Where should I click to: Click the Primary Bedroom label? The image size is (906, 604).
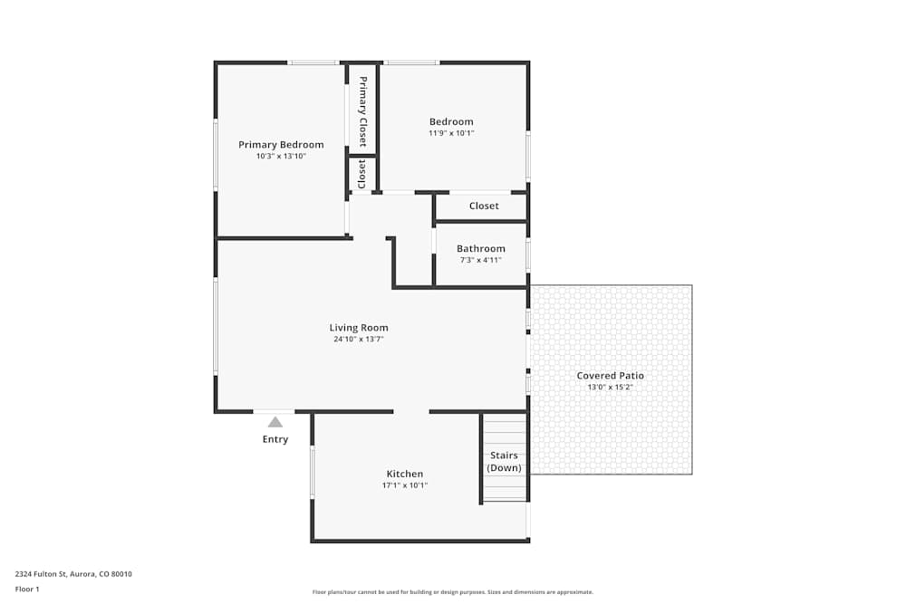(x=281, y=145)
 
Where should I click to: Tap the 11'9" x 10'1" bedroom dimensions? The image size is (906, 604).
(x=451, y=133)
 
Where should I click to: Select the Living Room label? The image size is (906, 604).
(x=359, y=328)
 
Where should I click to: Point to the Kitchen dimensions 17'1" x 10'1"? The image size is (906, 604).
(x=404, y=485)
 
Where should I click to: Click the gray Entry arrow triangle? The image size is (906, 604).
(x=275, y=422)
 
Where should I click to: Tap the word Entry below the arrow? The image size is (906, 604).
(x=275, y=440)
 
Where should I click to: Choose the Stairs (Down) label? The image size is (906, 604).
(x=504, y=462)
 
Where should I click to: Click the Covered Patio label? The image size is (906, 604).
(x=611, y=376)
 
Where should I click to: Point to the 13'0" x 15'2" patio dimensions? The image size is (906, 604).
(x=611, y=388)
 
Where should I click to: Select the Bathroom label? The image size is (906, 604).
(x=481, y=249)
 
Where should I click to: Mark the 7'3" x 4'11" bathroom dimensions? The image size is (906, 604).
(x=481, y=261)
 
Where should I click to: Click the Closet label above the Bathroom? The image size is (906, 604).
(x=484, y=206)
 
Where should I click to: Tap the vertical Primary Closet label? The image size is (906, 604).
(x=362, y=111)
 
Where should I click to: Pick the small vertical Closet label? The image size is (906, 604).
(x=362, y=174)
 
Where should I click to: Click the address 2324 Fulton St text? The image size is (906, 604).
(x=73, y=573)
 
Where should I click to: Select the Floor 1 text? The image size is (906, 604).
(x=28, y=589)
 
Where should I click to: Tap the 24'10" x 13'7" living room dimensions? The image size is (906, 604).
(x=359, y=340)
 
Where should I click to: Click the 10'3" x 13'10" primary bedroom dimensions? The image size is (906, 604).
(x=281, y=157)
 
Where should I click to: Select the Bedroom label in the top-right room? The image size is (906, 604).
(x=451, y=122)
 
